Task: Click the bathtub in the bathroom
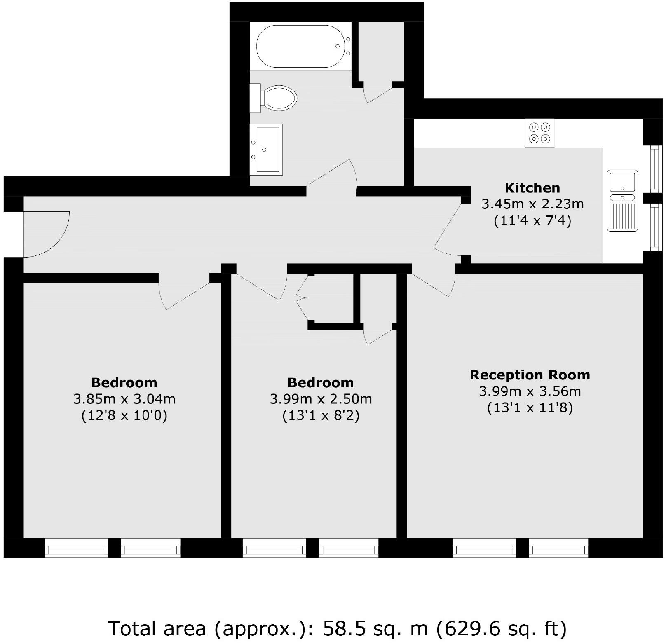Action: [x=301, y=46]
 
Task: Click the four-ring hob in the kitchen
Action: [x=539, y=133]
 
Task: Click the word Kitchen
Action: [x=532, y=188]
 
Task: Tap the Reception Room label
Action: [x=530, y=375]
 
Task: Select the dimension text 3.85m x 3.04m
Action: [x=124, y=399]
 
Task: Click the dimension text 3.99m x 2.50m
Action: [x=321, y=399]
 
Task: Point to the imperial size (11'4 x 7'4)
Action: [x=532, y=221]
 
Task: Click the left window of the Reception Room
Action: [x=484, y=548]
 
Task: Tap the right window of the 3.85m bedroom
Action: [x=150, y=548]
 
